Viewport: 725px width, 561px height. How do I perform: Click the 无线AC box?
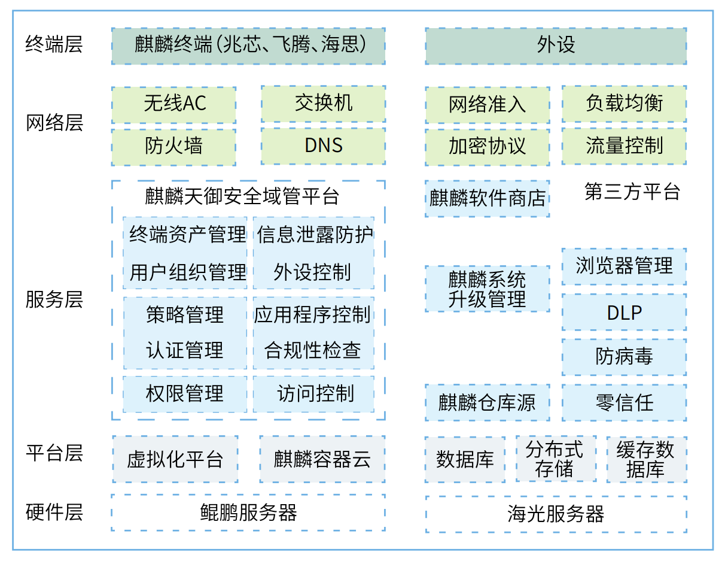[x=173, y=105]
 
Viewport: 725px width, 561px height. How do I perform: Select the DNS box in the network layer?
[x=323, y=146]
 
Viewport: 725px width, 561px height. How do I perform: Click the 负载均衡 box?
[x=624, y=104]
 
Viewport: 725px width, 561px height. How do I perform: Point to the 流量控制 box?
[x=624, y=146]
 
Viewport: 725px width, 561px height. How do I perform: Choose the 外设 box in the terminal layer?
[x=556, y=46]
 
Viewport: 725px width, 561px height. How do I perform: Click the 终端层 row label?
[x=54, y=45]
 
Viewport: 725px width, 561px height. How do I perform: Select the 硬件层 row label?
[x=54, y=513]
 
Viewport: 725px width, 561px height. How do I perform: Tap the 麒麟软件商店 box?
[x=487, y=198]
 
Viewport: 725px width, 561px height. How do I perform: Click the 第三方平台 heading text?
[x=632, y=192]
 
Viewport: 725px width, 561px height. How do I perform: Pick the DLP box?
[x=624, y=313]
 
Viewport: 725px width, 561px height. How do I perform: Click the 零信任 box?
[x=624, y=402]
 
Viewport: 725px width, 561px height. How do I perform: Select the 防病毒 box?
[x=624, y=357]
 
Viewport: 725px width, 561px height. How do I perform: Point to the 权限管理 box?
[x=185, y=394]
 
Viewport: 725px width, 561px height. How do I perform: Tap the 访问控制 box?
[x=313, y=394]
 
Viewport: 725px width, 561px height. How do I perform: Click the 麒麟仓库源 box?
[x=487, y=402]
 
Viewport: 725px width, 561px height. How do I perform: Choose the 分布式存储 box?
[x=556, y=459]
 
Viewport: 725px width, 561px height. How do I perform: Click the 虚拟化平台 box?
[x=175, y=459]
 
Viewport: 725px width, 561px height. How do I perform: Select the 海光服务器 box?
[x=556, y=514]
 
